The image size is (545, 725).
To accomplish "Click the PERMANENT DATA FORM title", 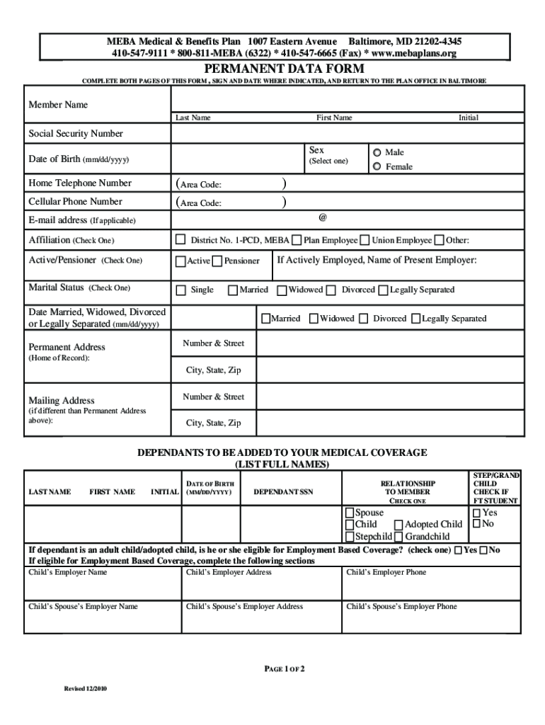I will coord(285,69).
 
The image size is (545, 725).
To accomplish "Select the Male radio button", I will coord(377,152).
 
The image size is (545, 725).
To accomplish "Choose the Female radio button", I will coord(377,166).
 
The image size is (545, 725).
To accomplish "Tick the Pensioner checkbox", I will coord(217,261).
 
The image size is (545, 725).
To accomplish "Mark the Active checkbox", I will coord(180,261).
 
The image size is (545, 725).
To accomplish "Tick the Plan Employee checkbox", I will coord(297,240).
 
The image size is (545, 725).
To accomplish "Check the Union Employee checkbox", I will coord(365,240).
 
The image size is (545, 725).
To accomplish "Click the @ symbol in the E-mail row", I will coord(323,217).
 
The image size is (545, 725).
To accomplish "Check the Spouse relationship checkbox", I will coord(349,513).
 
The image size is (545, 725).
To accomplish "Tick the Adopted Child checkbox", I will coord(398,525).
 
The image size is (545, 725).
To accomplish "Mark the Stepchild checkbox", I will coord(349,537).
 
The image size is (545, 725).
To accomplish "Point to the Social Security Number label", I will coord(75,134).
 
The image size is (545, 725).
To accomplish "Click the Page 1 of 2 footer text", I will coord(285,668).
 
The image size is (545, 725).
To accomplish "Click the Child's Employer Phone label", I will coord(386,572).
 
